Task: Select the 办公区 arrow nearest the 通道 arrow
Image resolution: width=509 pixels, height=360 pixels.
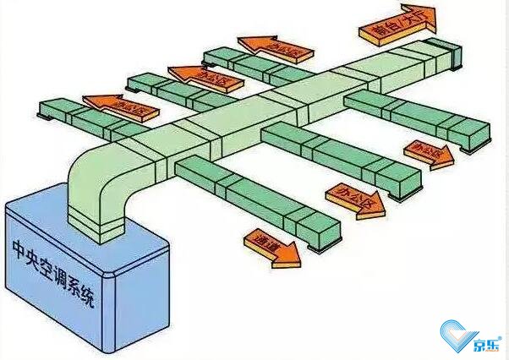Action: coord(349,200)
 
